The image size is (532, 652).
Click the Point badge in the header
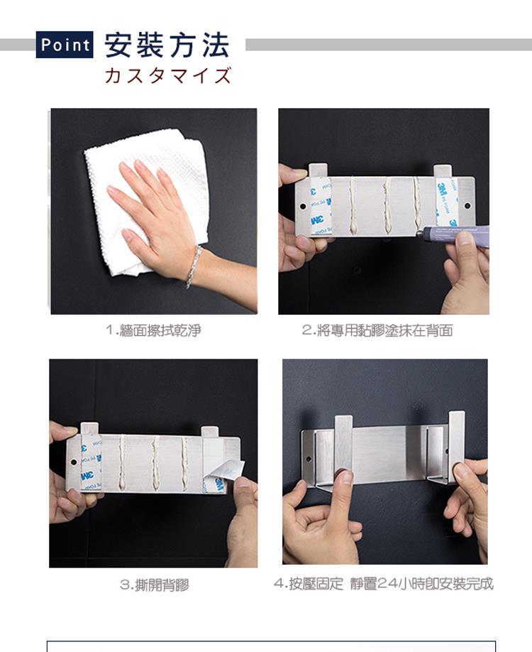(x=65, y=45)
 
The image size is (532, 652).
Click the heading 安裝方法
(x=167, y=45)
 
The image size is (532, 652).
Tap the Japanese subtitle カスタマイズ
(x=168, y=76)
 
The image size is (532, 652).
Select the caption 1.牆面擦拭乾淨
(x=153, y=330)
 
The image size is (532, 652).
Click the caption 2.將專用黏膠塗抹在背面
(x=377, y=330)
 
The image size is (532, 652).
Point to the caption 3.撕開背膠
(x=154, y=585)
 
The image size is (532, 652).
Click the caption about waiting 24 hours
(x=384, y=585)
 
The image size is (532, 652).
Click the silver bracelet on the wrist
(x=193, y=266)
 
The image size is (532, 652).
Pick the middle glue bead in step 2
(x=387, y=205)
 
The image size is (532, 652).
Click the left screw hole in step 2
(x=303, y=206)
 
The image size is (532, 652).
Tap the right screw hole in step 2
(x=467, y=205)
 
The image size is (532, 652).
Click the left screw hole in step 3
(x=74, y=462)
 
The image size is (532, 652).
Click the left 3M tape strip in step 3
(x=91, y=462)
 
